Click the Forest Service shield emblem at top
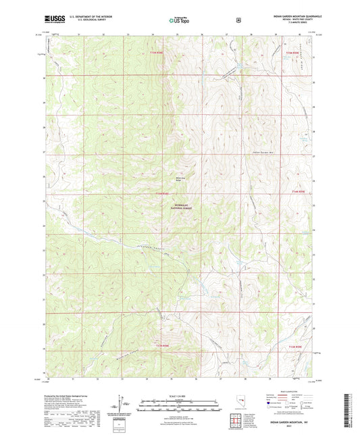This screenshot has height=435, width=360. [x=238, y=19]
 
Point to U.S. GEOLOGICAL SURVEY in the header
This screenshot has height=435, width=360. [x=86, y=19]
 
